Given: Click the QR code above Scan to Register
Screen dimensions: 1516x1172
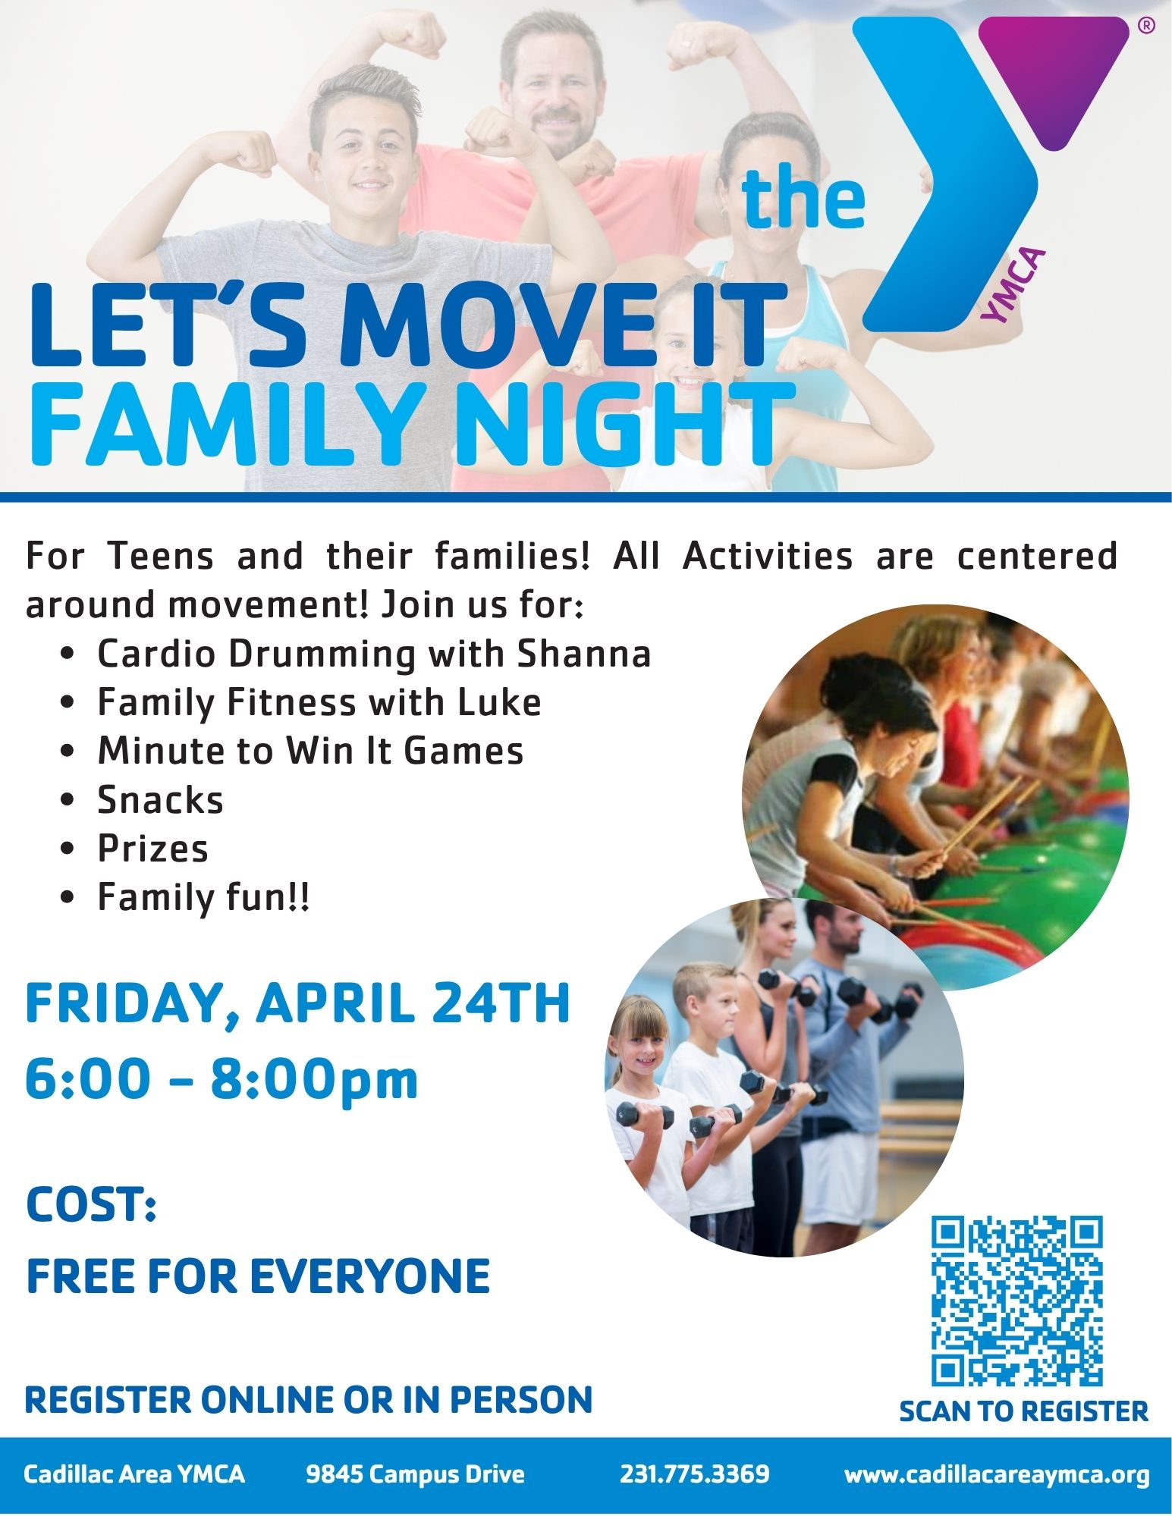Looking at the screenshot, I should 1016,1301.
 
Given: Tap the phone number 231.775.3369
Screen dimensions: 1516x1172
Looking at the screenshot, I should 694,1474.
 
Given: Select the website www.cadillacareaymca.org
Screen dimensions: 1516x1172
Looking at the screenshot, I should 997,1475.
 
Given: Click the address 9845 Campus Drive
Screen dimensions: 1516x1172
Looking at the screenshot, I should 415,1474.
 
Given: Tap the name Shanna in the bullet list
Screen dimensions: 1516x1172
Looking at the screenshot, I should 584,654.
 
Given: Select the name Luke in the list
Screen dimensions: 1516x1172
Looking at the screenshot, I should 499,702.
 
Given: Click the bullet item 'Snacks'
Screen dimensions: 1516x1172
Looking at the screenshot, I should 161,800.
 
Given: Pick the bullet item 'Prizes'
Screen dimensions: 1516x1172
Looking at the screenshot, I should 152,849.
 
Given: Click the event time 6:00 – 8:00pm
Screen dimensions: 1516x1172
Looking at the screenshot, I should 222,1079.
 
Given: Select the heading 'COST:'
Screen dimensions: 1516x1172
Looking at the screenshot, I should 91,1204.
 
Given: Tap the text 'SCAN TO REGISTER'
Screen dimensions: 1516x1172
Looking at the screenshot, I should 1023,1411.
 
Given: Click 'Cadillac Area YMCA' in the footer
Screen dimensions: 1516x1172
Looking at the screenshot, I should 134,1474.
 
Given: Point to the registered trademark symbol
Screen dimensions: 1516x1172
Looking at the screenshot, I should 1146,26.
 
